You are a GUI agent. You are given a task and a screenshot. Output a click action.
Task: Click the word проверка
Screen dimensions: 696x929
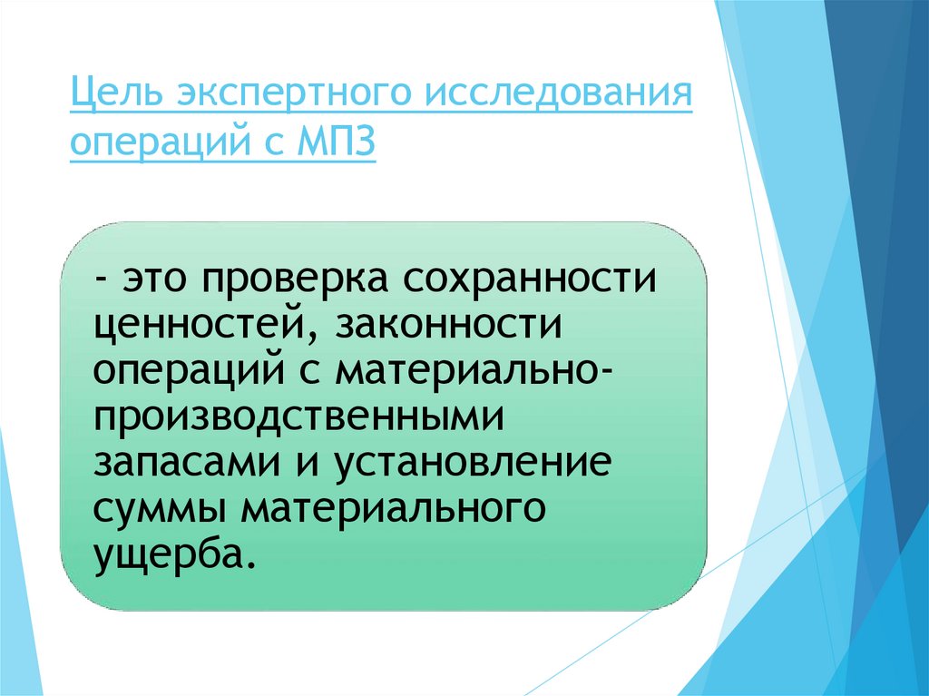[x=297, y=278]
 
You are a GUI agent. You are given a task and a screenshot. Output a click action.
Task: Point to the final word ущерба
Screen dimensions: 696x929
[x=170, y=554]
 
